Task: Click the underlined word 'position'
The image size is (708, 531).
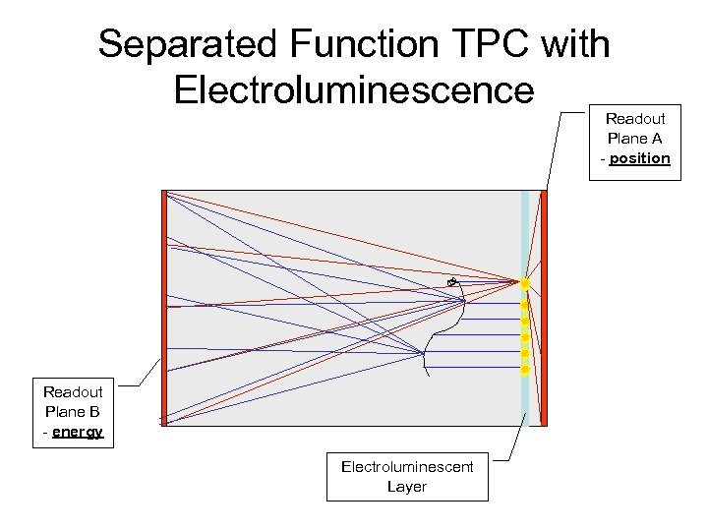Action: click(639, 158)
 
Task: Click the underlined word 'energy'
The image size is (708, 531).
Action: click(79, 432)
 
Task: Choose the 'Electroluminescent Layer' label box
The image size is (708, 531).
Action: click(407, 476)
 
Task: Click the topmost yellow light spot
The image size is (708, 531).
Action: click(525, 284)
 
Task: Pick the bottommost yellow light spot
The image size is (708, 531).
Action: click(525, 370)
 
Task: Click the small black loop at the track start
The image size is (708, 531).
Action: click(451, 283)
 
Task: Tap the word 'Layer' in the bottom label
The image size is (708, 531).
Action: click(407, 486)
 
